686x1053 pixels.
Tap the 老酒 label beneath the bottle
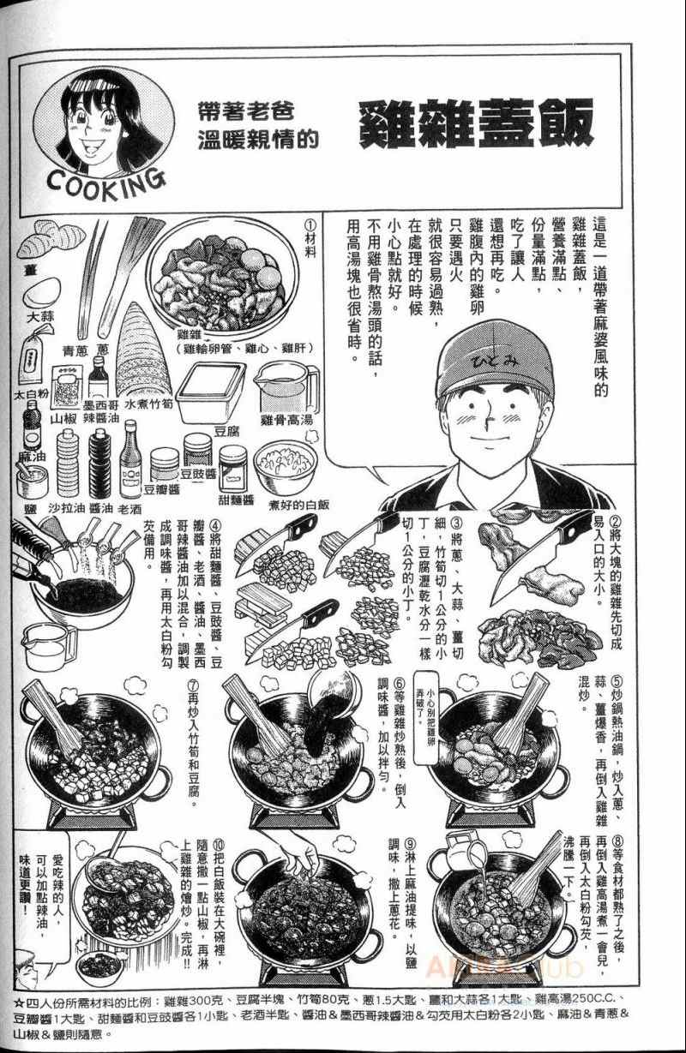tap(131, 508)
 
